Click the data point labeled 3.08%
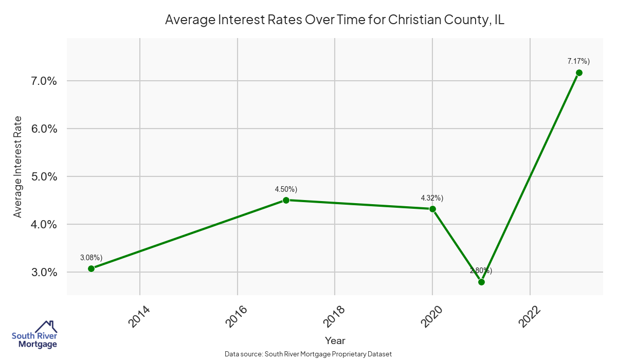click(91, 268)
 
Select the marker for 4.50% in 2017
click(286, 200)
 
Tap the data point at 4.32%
click(432, 209)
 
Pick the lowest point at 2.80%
click(481, 282)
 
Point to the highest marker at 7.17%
click(579, 73)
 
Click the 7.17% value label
click(578, 61)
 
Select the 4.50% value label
click(286, 189)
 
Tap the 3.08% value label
click(91, 257)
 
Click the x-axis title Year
click(335, 340)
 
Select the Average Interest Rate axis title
click(18, 167)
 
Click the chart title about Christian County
click(335, 20)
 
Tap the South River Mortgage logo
click(34, 335)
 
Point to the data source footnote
click(308, 354)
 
